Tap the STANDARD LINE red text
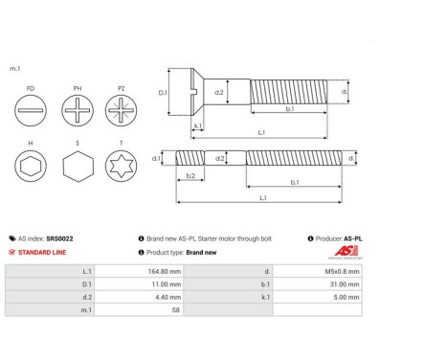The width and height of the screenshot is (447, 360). (45, 253)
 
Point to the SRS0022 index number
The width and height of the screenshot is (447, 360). (60, 239)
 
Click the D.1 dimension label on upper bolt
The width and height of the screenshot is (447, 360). (163, 93)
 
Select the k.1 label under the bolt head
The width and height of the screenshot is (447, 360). (197, 125)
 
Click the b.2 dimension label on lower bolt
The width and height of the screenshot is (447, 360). (190, 176)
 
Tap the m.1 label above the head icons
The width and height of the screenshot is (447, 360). (14, 69)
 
